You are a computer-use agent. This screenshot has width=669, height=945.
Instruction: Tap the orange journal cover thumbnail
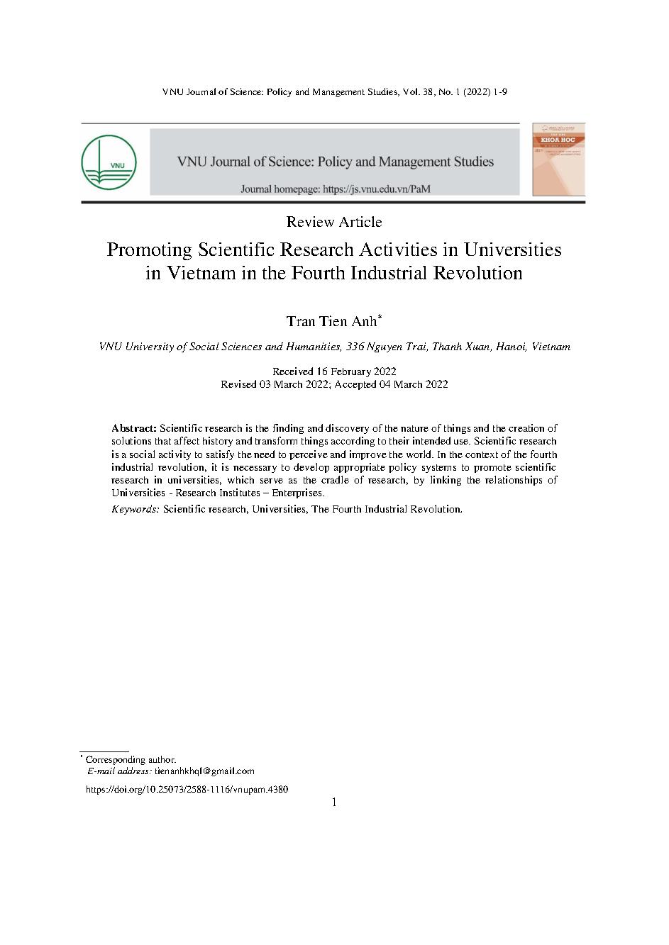pyautogui.click(x=559, y=159)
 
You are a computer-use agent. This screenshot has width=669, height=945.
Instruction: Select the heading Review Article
pyautogui.click(x=334, y=222)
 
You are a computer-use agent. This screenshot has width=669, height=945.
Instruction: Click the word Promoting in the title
pyautogui.click(x=150, y=250)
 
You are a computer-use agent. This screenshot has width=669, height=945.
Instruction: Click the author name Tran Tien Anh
pyautogui.click(x=331, y=322)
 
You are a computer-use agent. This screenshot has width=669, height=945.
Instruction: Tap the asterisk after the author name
pyautogui.click(x=380, y=318)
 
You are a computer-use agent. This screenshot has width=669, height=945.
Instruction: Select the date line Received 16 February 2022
pyautogui.click(x=334, y=371)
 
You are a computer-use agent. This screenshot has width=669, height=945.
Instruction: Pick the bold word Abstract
pyautogui.click(x=133, y=428)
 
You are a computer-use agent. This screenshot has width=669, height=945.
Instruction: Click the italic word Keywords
pyautogui.click(x=136, y=509)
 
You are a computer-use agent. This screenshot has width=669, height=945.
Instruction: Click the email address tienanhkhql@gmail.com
pyautogui.click(x=204, y=771)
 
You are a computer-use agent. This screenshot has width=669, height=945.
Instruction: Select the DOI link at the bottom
pyautogui.click(x=187, y=789)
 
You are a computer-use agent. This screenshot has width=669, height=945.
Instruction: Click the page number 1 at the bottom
pyautogui.click(x=334, y=803)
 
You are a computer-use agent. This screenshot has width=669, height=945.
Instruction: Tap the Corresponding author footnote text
pyautogui.click(x=131, y=759)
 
